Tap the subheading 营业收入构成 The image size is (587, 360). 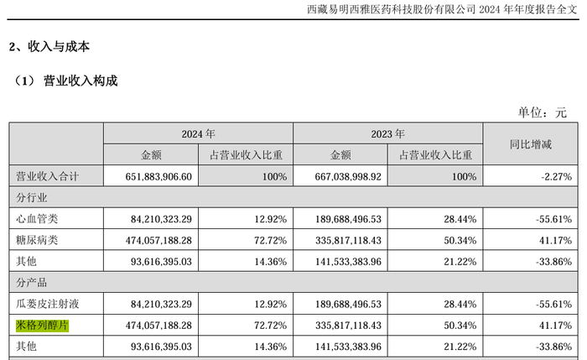[81, 81]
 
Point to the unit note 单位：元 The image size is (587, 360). [543, 112]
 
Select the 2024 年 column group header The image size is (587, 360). [199, 133]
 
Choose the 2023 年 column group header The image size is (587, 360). [387, 133]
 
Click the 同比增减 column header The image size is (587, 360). [531, 144]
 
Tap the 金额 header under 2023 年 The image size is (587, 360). [340, 155]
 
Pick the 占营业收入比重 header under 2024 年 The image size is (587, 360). [246, 155]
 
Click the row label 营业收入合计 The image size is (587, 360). [47, 176]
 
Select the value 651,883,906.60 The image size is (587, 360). [158, 176]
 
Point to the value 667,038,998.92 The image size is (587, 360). [348, 176]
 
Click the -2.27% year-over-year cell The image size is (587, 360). [556, 176]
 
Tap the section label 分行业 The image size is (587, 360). [32, 197]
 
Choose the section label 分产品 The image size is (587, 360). [32, 283]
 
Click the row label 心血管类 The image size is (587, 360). [37, 219]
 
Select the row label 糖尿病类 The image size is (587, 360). [37, 240]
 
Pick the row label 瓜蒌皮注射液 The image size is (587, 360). [47, 304]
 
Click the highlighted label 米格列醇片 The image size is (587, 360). [42, 325]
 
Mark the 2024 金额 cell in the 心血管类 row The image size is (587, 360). [161, 219]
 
